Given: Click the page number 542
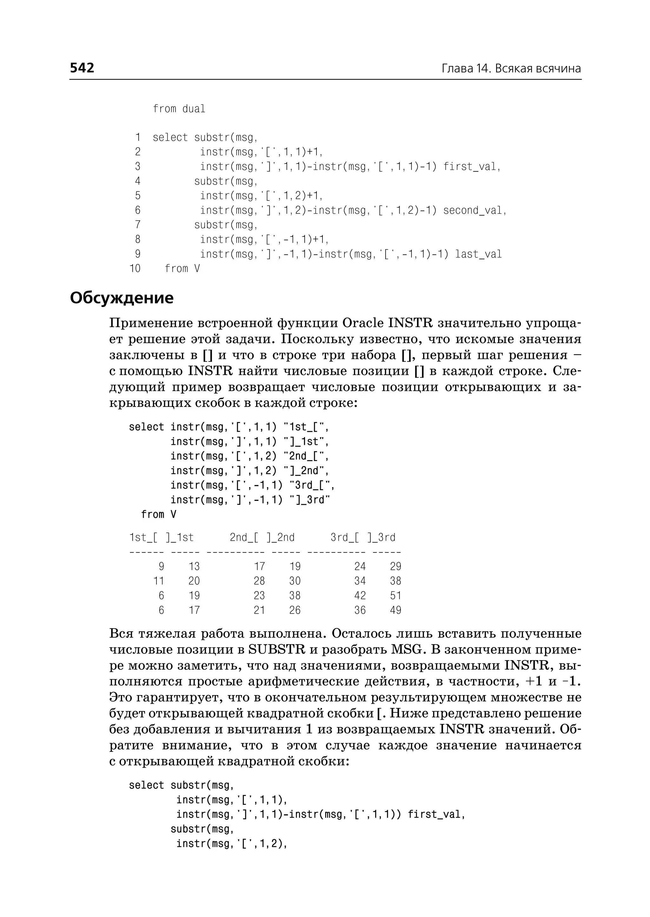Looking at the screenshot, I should point(82,68).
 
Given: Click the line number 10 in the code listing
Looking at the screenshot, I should point(135,268).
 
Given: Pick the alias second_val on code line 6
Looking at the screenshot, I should point(474,210).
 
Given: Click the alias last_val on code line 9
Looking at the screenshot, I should point(478,254).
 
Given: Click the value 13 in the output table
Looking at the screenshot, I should point(194,567).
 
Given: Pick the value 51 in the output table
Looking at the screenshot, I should point(395,596).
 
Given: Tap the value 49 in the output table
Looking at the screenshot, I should point(395,610).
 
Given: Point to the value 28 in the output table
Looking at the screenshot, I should point(259,581).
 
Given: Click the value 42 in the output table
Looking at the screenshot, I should point(360,596).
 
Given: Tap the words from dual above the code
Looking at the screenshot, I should point(179,109).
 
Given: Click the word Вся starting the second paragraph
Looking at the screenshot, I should point(121,634).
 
